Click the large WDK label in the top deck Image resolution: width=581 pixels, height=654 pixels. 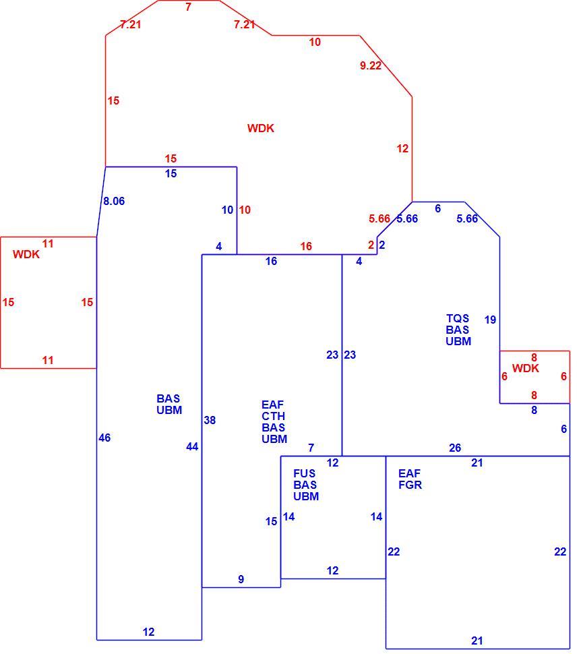[261, 128]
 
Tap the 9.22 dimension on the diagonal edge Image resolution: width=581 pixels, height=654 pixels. [371, 65]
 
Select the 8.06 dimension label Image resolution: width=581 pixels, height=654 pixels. [114, 201]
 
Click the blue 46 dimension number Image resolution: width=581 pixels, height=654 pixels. [104, 438]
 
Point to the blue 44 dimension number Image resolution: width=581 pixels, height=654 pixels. [192, 447]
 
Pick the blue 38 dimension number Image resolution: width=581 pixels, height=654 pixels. [210, 420]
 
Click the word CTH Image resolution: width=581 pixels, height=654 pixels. [273, 416]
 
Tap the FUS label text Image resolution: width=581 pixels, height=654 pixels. [305, 473]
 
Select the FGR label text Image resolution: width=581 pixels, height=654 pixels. [410, 485]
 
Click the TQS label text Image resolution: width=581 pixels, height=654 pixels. [458, 318]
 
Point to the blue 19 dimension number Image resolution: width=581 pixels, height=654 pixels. [490, 320]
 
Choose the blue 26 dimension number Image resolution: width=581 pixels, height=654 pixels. [455, 448]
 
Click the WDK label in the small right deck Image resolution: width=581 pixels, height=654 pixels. [526, 368]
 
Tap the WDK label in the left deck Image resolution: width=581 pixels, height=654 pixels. [26, 254]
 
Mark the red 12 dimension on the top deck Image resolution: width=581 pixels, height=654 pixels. [402, 148]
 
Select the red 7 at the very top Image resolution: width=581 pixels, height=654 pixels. [189, 7]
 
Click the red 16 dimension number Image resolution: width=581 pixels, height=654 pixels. [306, 246]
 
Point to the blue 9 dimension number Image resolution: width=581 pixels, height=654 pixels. [241, 579]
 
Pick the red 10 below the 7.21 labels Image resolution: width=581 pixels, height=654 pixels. [315, 42]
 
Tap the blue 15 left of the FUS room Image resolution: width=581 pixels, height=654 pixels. [272, 521]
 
